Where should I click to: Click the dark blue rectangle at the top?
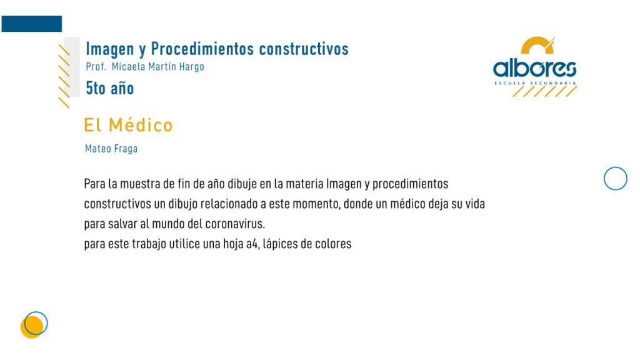point(32,24)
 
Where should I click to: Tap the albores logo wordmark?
point(535,68)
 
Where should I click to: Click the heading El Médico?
point(128,125)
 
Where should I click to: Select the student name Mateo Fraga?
point(111,149)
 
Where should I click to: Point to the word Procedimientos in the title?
point(202,49)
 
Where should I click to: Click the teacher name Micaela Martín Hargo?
point(158,66)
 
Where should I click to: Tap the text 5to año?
point(110,88)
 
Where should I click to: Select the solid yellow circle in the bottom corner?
point(32,327)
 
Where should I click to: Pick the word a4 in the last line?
point(252,244)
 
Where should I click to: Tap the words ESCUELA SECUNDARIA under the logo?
point(535,83)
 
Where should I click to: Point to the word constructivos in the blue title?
point(304,49)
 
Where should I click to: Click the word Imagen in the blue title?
point(110,49)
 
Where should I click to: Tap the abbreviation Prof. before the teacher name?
point(96,66)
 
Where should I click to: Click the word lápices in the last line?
point(280,244)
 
